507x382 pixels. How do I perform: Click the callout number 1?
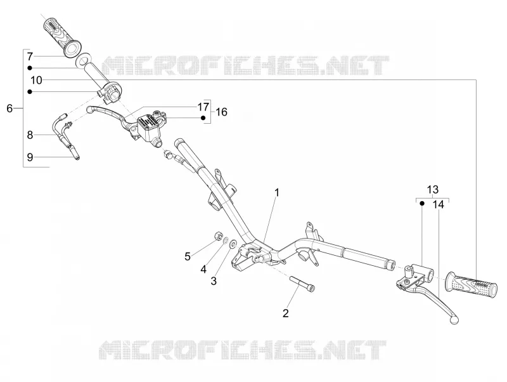coord(277,193)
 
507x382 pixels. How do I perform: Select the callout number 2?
coord(286,313)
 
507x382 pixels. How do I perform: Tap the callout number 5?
coord(187,257)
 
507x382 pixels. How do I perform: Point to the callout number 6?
coord(10,109)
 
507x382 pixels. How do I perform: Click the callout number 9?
coord(30,157)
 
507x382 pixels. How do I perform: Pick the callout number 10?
coord(37,81)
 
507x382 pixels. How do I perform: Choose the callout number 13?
coord(433,189)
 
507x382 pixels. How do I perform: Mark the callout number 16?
coord(221,112)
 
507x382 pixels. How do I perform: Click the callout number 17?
coord(203,107)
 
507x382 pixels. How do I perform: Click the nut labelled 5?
coord(218,236)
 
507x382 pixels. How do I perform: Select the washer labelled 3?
coord(233,244)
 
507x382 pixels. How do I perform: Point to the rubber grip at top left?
coord(62,37)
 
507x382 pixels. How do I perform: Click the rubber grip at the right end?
coord(471,285)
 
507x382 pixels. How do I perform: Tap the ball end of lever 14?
coord(454,320)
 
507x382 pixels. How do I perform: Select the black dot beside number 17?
coord(203,118)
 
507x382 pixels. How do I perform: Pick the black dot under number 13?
coord(422,203)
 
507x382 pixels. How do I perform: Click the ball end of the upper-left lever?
coord(90,110)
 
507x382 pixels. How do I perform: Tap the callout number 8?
coord(30,135)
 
